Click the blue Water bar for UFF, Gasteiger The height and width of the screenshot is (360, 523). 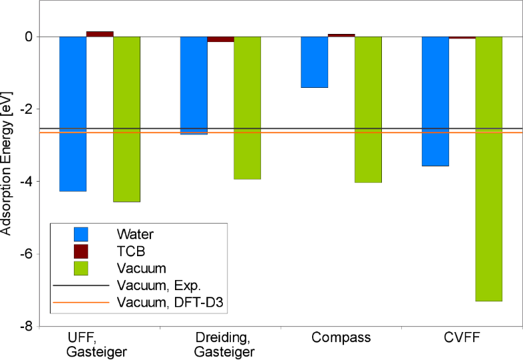pos(73,114)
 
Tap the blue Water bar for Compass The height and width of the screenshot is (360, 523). pos(314,62)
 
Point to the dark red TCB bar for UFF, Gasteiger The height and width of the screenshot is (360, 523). pos(100,34)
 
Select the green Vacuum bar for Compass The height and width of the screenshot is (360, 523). pos(368,110)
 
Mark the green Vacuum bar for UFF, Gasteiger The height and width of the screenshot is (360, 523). pos(126,119)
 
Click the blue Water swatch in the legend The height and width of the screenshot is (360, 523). pos(81,234)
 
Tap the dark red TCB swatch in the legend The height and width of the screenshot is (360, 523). pos(81,252)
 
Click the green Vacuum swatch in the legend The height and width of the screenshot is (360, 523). pos(81,268)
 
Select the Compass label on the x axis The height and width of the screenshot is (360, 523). pos(341,337)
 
